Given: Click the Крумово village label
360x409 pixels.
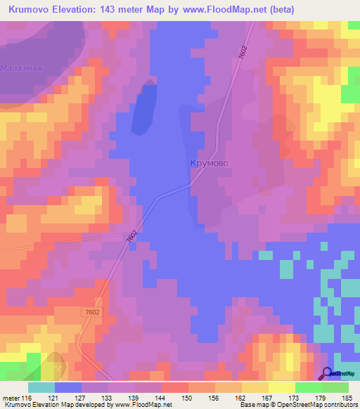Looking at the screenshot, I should click(x=210, y=162).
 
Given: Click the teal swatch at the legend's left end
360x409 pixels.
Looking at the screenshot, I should click(x=41, y=387).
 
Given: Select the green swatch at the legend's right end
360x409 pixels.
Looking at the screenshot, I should click(x=335, y=387).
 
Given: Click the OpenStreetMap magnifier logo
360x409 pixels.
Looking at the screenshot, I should click(x=328, y=375).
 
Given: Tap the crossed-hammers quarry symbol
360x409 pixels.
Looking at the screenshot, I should click(x=52, y=363).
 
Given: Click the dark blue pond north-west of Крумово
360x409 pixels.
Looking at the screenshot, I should click(x=144, y=111).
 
